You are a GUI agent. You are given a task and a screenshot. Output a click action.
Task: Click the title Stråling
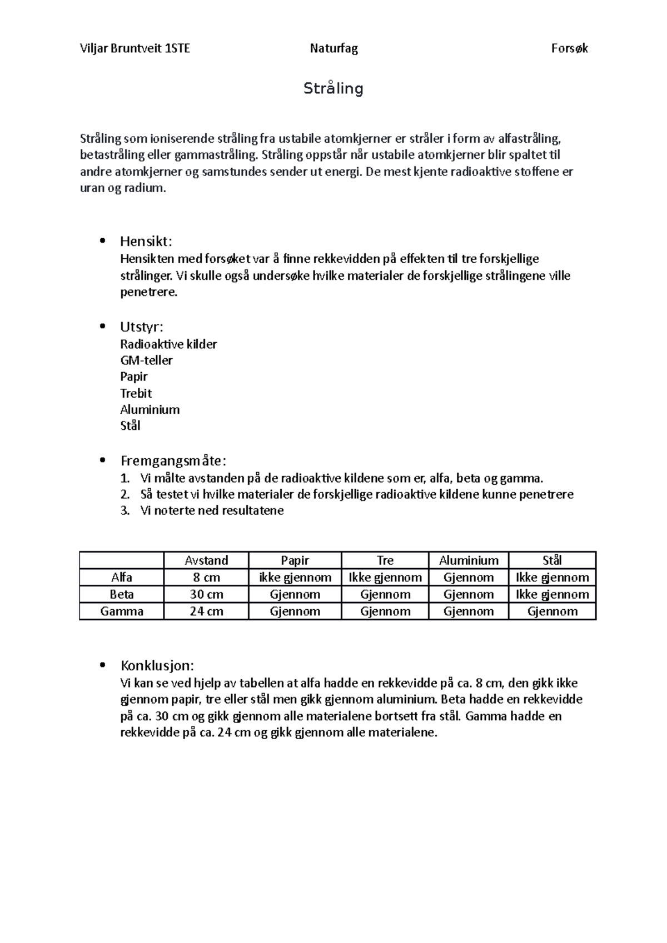click(x=333, y=88)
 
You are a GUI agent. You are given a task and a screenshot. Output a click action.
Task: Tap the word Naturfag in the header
click(x=333, y=48)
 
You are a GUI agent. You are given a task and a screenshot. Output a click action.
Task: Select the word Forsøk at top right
click(x=569, y=48)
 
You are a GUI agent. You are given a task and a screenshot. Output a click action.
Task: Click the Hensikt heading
click(x=146, y=241)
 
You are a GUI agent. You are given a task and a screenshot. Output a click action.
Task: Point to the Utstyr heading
click(x=142, y=327)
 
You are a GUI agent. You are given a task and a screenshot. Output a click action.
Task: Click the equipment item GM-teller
click(x=146, y=360)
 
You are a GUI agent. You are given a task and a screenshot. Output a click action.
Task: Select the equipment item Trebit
click(x=136, y=393)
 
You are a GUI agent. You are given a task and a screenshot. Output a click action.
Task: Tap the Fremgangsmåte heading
click(x=173, y=461)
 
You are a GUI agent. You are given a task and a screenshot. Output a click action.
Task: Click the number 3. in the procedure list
click(x=125, y=510)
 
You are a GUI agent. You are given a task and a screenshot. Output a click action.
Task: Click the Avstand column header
click(x=206, y=560)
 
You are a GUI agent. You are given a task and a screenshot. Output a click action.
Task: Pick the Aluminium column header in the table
click(x=469, y=560)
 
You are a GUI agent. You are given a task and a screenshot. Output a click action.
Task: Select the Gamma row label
click(x=122, y=611)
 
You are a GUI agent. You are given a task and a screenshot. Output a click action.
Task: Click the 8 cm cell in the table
click(x=206, y=578)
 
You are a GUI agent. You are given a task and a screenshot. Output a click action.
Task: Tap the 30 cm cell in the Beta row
click(x=206, y=594)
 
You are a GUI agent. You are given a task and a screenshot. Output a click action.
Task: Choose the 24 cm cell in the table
click(x=206, y=611)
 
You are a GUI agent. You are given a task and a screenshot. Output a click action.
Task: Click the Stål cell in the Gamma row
click(x=552, y=611)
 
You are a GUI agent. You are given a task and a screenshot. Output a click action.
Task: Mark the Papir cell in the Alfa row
click(x=295, y=578)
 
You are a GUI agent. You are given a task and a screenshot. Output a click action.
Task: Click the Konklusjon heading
click(x=157, y=665)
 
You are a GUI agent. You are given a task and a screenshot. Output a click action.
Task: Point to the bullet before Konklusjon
click(x=101, y=665)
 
